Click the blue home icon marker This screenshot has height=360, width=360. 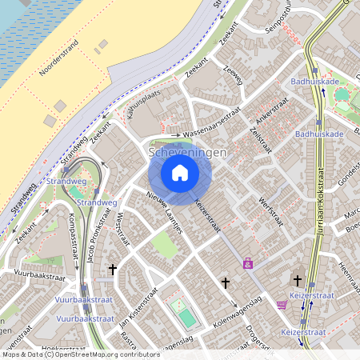[x=180, y=172]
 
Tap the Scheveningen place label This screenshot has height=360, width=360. [x=188, y=152]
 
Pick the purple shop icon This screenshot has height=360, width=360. [x=249, y=262]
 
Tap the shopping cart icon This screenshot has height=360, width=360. [x=282, y=304]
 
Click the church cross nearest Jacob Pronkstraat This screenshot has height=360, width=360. [x=113, y=270]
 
